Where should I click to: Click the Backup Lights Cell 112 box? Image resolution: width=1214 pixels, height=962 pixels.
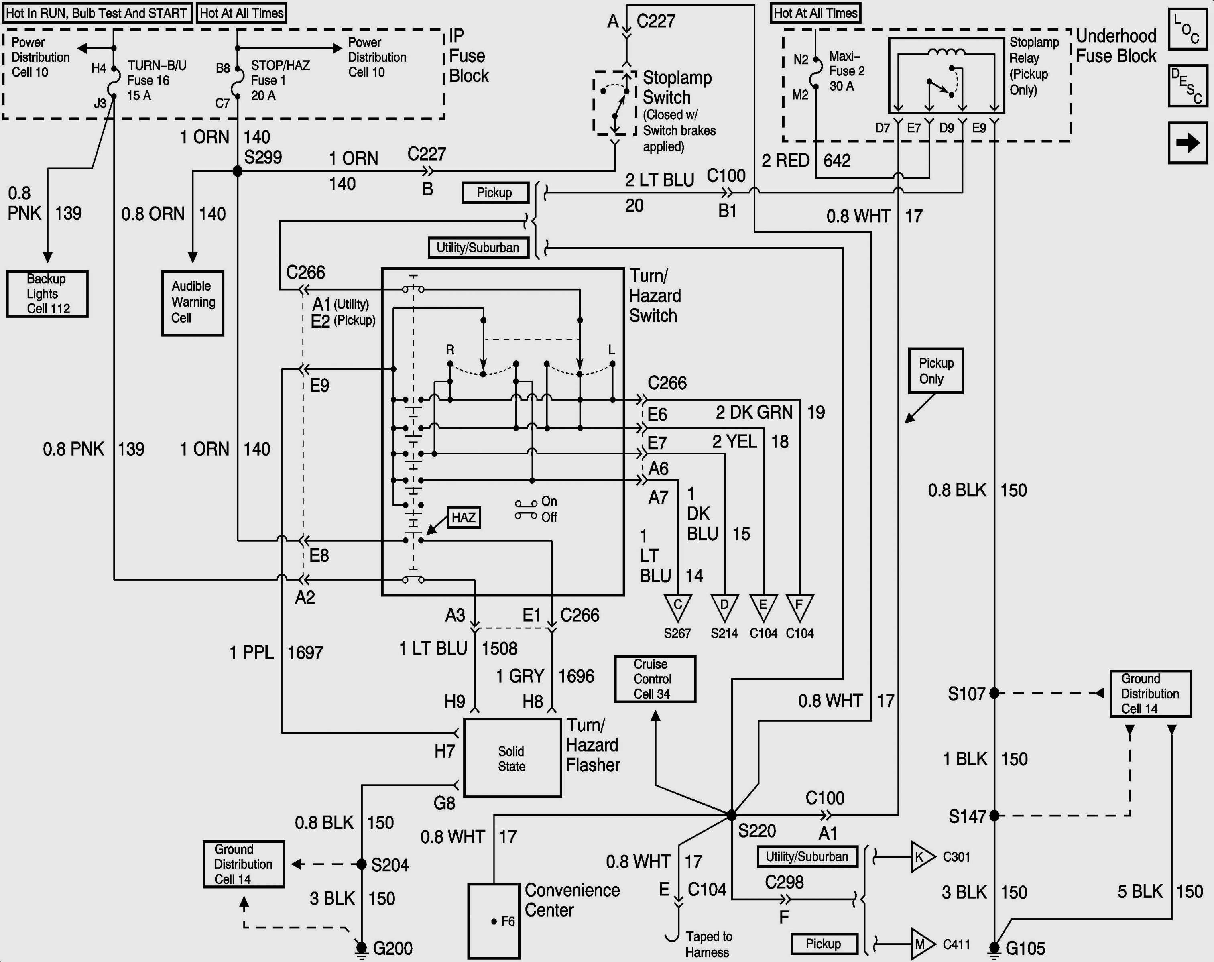(x=47, y=293)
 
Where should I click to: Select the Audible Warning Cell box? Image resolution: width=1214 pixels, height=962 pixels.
(x=193, y=303)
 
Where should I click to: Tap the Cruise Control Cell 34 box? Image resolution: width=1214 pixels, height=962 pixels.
(x=655, y=679)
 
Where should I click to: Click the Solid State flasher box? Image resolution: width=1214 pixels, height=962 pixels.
(x=512, y=758)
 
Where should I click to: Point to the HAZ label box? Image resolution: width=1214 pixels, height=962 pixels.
(x=464, y=517)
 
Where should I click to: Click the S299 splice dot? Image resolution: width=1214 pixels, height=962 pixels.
(x=238, y=171)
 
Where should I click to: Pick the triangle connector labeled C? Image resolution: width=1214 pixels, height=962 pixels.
(x=677, y=606)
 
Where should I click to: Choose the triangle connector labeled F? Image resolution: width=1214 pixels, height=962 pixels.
(x=799, y=606)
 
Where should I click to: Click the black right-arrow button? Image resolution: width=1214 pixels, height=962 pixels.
(x=1188, y=142)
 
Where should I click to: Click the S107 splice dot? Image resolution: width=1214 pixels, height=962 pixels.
(x=994, y=693)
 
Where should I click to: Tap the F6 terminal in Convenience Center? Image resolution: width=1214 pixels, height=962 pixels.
(x=494, y=921)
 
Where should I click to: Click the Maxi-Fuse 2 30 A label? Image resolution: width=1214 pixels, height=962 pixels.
(x=846, y=71)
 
